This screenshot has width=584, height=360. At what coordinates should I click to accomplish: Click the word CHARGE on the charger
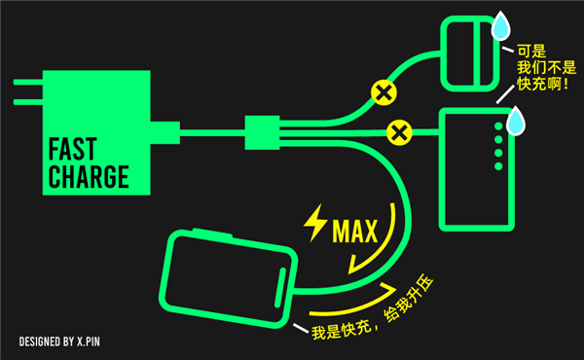(x=88, y=178)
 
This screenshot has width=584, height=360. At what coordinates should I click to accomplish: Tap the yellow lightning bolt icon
(x=316, y=223)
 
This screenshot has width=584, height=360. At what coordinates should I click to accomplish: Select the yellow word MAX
(x=354, y=233)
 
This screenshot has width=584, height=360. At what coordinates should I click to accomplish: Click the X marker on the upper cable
(x=383, y=92)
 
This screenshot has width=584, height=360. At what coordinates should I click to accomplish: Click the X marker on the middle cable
(x=397, y=130)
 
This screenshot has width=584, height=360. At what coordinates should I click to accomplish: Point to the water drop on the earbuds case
(x=501, y=27)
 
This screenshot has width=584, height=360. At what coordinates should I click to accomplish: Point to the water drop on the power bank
(x=515, y=122)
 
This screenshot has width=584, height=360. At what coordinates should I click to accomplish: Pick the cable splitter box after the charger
(x=262, y=131)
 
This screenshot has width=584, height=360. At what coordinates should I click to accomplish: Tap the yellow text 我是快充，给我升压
(x=371, y=310)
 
